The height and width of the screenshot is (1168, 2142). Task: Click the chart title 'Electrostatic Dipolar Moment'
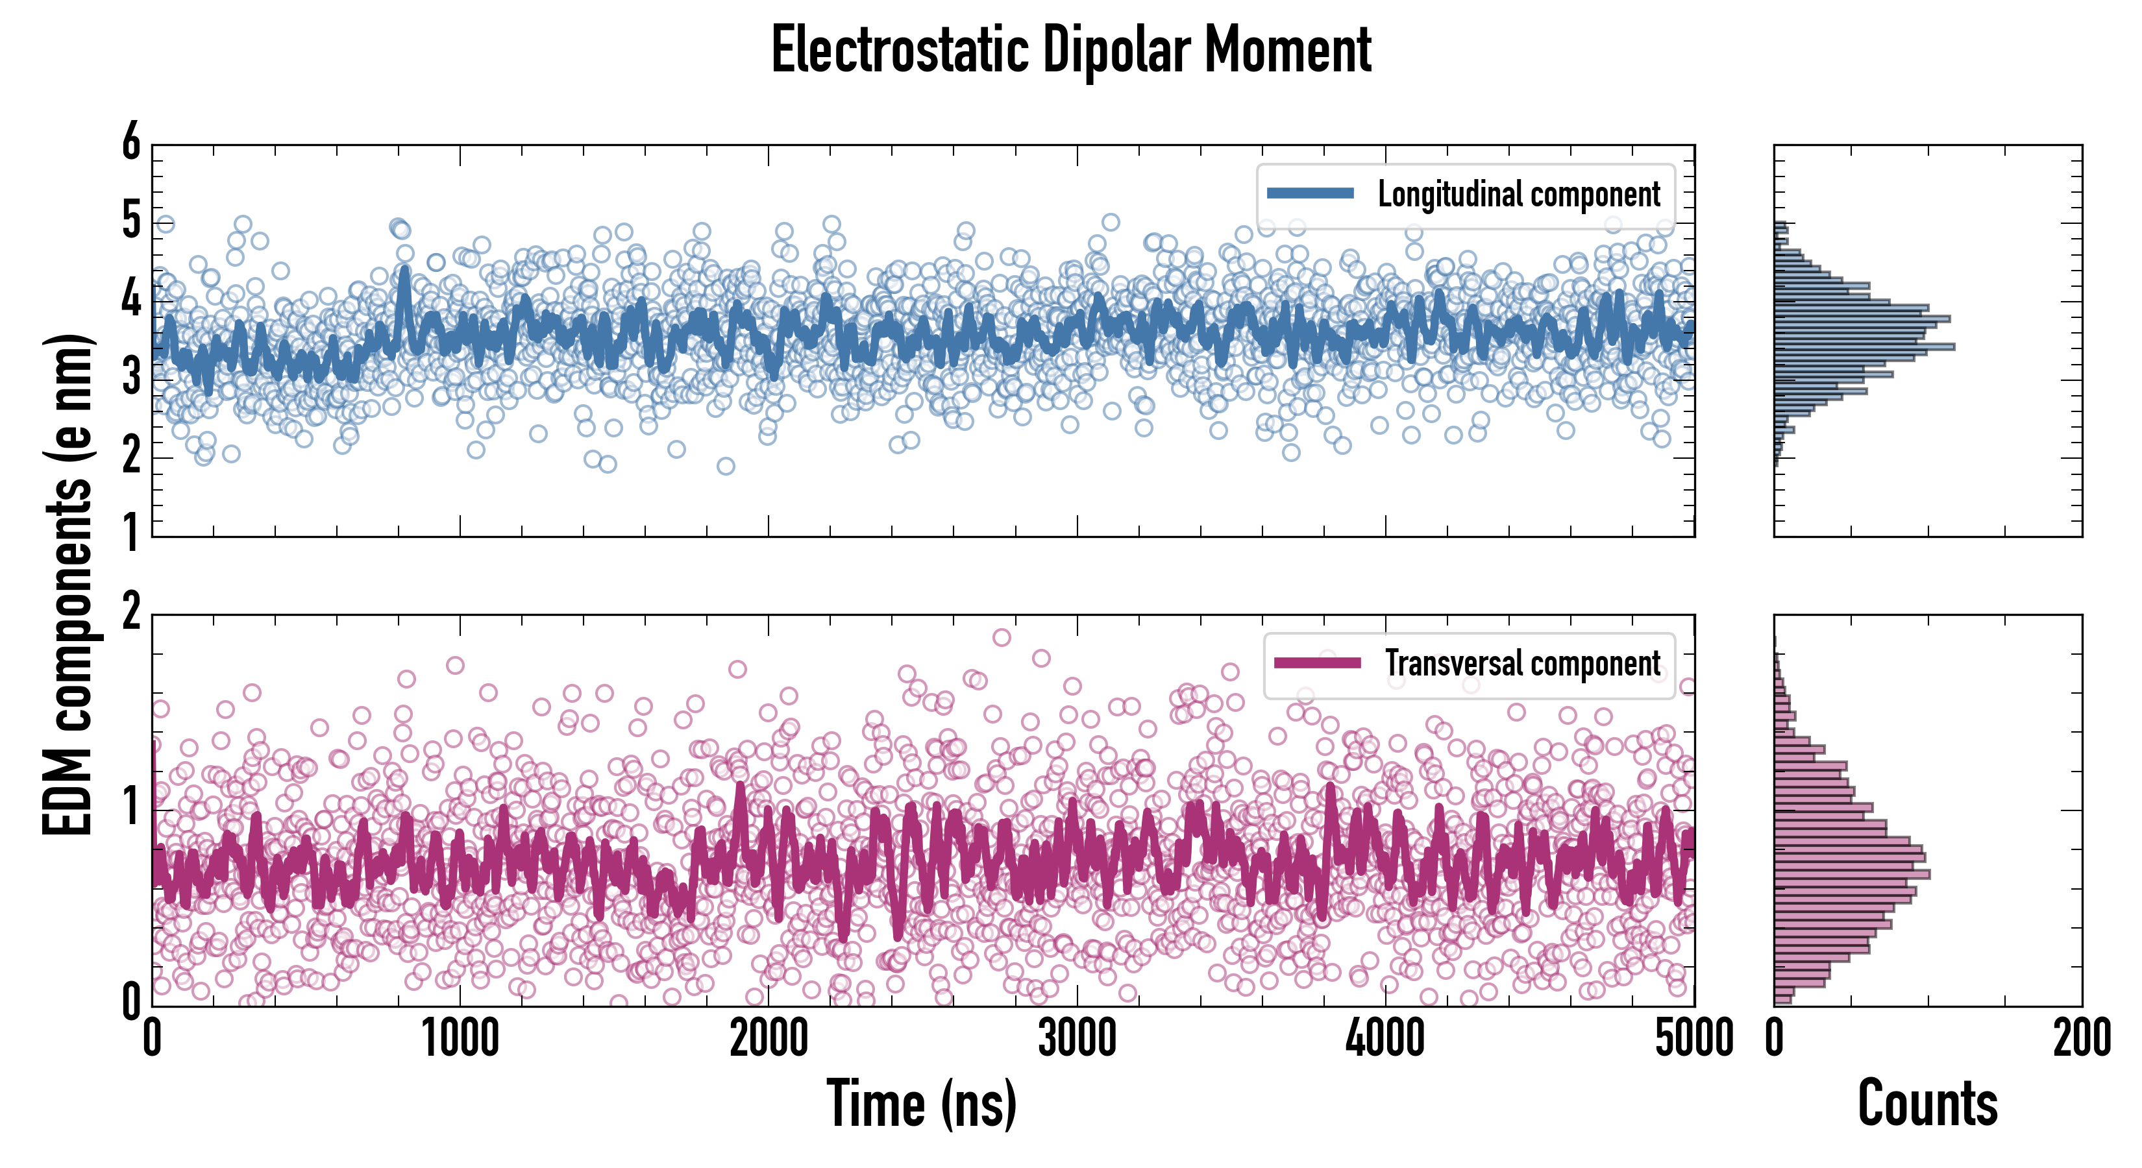coord(1071,50)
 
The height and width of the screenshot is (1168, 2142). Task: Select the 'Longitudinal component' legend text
coord(1518,194)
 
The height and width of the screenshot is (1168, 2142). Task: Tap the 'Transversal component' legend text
coord(1523,663)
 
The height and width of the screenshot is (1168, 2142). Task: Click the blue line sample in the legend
coord(1311,194)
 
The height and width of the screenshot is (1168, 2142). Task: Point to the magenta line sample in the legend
coord(1317,663)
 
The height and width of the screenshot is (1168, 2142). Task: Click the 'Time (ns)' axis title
coord(921,1103)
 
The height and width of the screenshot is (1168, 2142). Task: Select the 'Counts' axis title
coord(1927,1103)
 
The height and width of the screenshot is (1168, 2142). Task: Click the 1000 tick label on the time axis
coord(460,1039)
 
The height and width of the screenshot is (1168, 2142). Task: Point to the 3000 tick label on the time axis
coord(1077,1039)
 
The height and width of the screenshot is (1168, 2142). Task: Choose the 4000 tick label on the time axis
coord(1385,1039)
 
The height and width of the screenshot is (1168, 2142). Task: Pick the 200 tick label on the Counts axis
coord(2081,1039)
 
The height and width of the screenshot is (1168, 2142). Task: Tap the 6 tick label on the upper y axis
coord(131,143)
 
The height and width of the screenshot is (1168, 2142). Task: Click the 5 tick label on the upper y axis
coord(131,221)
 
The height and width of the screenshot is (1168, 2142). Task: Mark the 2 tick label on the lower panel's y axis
coord(131,613)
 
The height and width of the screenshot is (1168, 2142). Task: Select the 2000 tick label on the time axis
coord(769,1039)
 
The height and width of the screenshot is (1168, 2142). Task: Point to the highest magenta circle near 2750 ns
coord(1002,638)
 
